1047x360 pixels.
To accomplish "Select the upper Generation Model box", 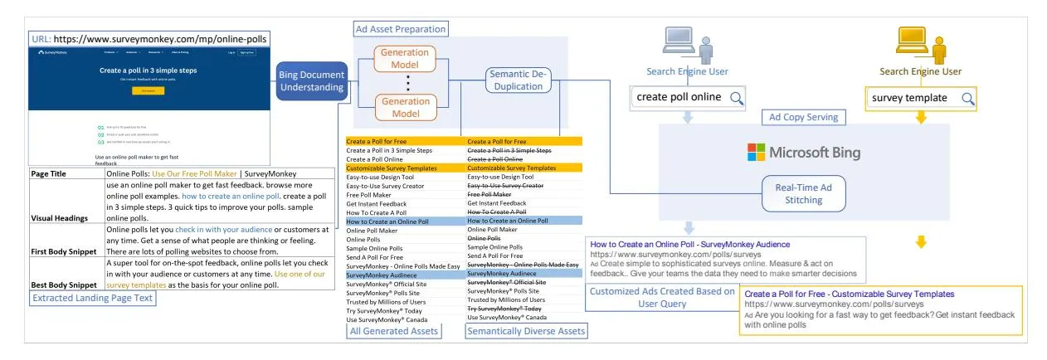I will (405, 58).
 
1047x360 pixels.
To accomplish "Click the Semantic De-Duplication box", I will (517, 80).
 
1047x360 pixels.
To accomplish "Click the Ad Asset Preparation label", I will (401, 29).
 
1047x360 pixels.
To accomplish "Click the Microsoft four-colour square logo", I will (757, 153).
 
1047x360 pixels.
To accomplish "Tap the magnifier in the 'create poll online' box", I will (736, 98).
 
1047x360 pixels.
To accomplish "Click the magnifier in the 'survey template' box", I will (967, 98).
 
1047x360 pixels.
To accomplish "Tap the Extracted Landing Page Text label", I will (93, 298).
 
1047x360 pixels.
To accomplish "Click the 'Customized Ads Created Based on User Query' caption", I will (661, 297).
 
